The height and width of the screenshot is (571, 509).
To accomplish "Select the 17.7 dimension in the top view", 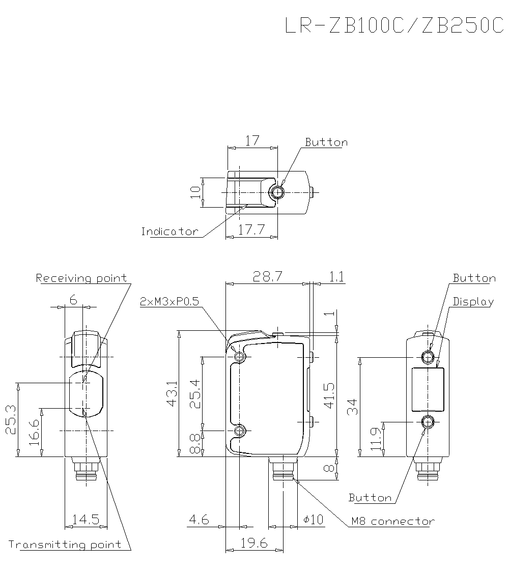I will pos(251,230).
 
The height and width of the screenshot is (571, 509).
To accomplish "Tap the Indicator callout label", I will pos(169,232).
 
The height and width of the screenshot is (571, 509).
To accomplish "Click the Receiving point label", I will pos(81,278).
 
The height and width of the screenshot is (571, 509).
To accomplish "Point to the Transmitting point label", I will pos(65,545).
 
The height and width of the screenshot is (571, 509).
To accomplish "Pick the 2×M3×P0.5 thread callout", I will pos(169,302).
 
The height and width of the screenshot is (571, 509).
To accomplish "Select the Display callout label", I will pos(473,302).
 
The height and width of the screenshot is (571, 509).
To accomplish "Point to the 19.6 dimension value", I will pos(254,543).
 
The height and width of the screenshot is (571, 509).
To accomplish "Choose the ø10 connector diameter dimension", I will pos(313,520).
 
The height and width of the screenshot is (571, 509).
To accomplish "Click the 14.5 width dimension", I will pos(86,520).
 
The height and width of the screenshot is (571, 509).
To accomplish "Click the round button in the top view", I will pos(277,193).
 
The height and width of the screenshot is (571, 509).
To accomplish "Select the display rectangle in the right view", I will pos(428,389).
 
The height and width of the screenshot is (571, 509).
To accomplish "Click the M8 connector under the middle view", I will pos(282,468).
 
